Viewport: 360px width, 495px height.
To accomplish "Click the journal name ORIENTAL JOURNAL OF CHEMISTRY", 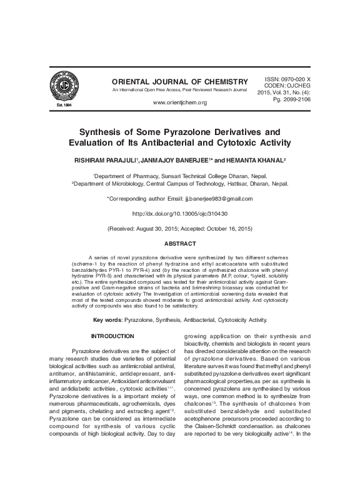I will [179, 82].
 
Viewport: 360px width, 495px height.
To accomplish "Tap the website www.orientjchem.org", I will [179, 102].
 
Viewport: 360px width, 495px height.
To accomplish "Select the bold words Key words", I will [107, 320].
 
